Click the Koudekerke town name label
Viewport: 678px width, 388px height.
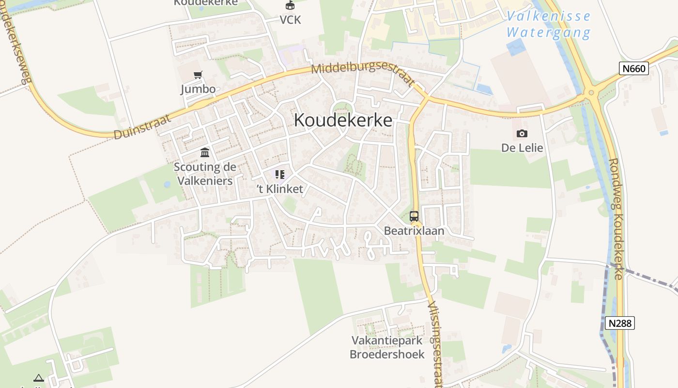343,120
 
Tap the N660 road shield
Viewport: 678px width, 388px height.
634,68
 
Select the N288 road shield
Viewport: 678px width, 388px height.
620,323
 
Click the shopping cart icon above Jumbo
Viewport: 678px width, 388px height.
198,75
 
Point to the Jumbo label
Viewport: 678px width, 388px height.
198,89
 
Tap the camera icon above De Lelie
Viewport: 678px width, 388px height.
522,133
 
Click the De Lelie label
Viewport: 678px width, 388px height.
522,148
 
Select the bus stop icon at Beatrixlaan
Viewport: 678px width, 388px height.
414,216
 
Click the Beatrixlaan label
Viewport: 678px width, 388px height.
414,231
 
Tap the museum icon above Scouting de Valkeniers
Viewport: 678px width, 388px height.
205,153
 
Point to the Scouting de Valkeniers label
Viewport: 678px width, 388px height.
205,174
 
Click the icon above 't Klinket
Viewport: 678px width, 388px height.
279,175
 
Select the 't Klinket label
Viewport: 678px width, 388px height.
280,189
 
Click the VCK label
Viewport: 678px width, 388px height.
290,20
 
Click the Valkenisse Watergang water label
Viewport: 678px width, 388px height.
549,24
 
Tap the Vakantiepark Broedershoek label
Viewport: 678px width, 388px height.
387,347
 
